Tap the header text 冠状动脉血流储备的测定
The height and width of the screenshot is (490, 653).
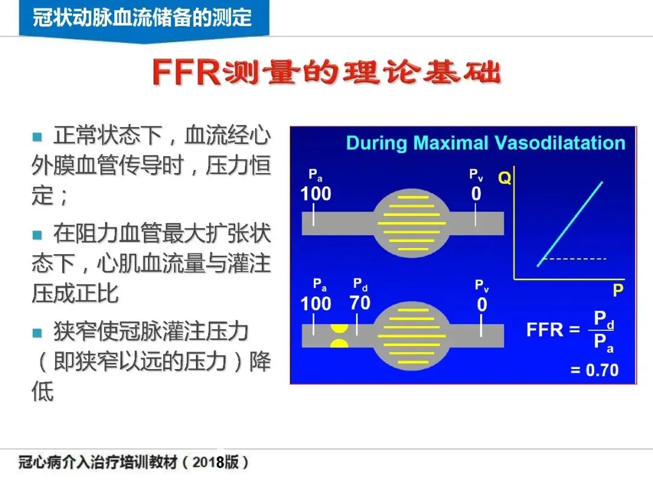pos(142,18)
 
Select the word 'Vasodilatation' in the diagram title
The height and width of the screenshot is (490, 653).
pos(560,143)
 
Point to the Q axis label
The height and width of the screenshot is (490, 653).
pos(505,178)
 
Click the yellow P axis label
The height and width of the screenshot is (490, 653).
pos(617,291)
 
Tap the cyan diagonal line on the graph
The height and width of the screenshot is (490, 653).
pos(570,223)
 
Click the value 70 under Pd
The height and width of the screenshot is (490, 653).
pos(360,302)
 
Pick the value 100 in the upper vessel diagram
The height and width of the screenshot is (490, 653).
pos(316,194)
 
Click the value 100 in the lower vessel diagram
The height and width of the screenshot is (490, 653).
pos(316,303)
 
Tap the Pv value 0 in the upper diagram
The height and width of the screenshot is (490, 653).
pos(476,194)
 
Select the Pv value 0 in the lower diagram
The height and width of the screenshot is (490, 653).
pos(482,304)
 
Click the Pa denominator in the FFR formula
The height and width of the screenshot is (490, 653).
pos(603,343)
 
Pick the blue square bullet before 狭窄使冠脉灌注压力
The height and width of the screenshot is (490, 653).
pos(37,333)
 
